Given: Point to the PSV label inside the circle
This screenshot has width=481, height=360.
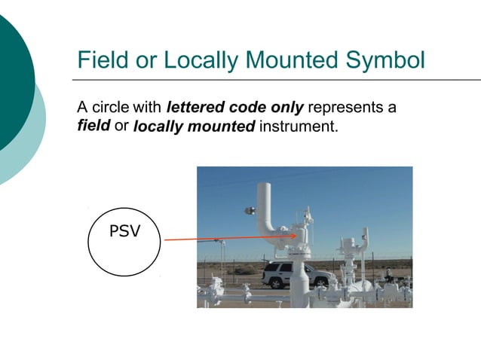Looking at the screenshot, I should tap(124, 231).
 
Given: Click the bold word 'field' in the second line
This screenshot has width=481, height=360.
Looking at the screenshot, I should tap(93, 125).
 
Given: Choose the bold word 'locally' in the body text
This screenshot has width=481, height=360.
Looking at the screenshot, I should tap(157, 126).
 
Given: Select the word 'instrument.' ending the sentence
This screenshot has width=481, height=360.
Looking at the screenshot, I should tap(299, 126).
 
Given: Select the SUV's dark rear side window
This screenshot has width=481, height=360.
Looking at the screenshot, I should tap(280, 269).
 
